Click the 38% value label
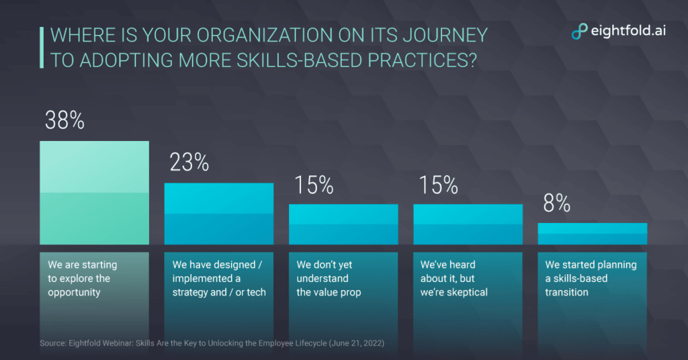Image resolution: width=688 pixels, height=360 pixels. pyautogui.click(x=64, y=121)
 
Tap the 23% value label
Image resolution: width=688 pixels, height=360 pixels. pyautogui.click(x=189, y=163)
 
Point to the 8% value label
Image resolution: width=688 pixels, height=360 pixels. pyautogui.click(x=557, y=204)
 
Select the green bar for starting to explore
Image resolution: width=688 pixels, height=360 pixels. pyautogui.click(x=94, y=193)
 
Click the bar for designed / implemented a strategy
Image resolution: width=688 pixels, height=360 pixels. pyautogui.click(x=219, y=213)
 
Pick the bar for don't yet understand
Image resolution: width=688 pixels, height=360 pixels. pyautogui.click(x=343, y=224)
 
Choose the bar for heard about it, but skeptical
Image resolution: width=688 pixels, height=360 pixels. pyautogui.click(x=468, y=224)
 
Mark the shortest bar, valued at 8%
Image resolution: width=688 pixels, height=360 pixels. pyautogui.click(x=592, y=233)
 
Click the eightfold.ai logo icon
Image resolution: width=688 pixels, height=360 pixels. pyautogui.click(x=578, y=31)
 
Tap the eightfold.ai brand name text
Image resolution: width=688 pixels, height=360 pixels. pyautogui.click(x=628, y=31)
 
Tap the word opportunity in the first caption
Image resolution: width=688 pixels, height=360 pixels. pyautogui.click(x=74, y=292)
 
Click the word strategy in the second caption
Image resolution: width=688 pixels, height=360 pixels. pyautogui.click(x=193, y=292)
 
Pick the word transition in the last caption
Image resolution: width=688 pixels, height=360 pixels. pyautogui.click(x=566, y=292)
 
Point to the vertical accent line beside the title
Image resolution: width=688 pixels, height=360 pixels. pyautogui.click(x=42, y=47)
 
